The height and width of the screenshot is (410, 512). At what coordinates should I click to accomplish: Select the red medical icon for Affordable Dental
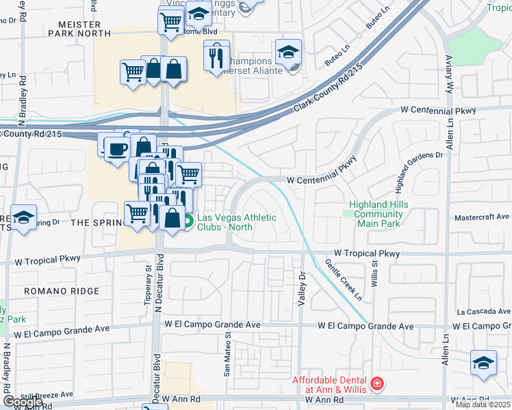point(376,385)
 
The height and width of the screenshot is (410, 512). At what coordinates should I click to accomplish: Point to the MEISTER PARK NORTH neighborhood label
point(79,28)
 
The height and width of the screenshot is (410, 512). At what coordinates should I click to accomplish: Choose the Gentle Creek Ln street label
point(344,280)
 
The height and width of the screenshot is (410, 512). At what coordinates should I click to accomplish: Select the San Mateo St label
point(227,355)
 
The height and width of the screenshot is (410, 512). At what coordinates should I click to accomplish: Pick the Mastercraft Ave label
point(482,217)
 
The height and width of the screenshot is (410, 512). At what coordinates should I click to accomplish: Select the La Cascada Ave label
point(483,311)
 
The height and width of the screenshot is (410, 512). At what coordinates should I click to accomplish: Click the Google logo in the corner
point(22,402)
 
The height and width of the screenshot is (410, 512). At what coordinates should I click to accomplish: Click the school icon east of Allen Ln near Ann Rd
point(483,363)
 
